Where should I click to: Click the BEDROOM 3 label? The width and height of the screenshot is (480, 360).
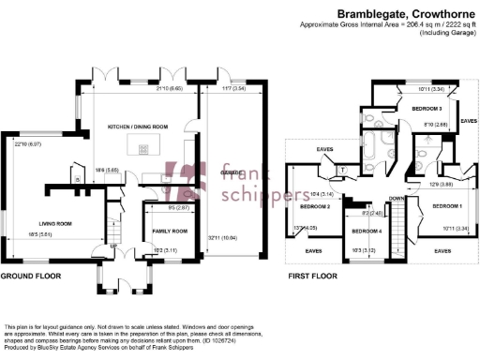[x=427, y=109]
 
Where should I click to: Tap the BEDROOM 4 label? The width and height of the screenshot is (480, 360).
[x=367, y=230]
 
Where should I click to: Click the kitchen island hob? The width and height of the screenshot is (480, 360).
[x=144, y=147]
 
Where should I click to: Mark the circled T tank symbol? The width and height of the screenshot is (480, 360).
[x=343, y=169]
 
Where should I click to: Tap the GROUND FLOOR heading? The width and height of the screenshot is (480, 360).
[x=30, y=277]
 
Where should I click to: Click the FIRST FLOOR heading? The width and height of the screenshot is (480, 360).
[x=313, y=277]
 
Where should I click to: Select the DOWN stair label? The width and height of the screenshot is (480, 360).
[x=397, y=199]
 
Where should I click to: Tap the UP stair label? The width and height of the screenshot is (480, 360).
[x=116, y=247]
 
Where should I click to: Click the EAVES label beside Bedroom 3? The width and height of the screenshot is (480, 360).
[x=469, y=120]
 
